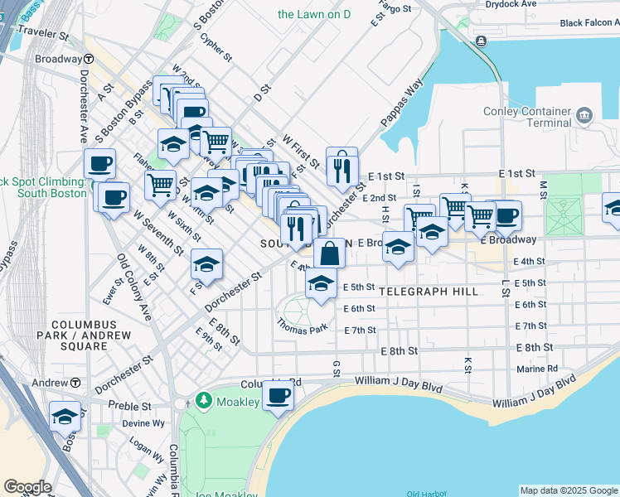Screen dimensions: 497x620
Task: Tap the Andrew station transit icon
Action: [75, 383]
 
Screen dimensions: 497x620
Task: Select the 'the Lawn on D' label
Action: [315, 14]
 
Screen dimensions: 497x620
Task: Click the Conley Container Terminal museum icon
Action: [585, 113]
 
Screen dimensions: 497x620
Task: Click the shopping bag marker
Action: [330, 253]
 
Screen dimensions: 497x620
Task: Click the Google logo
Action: [27, 487]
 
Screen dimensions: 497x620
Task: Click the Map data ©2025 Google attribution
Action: [568, 490]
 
